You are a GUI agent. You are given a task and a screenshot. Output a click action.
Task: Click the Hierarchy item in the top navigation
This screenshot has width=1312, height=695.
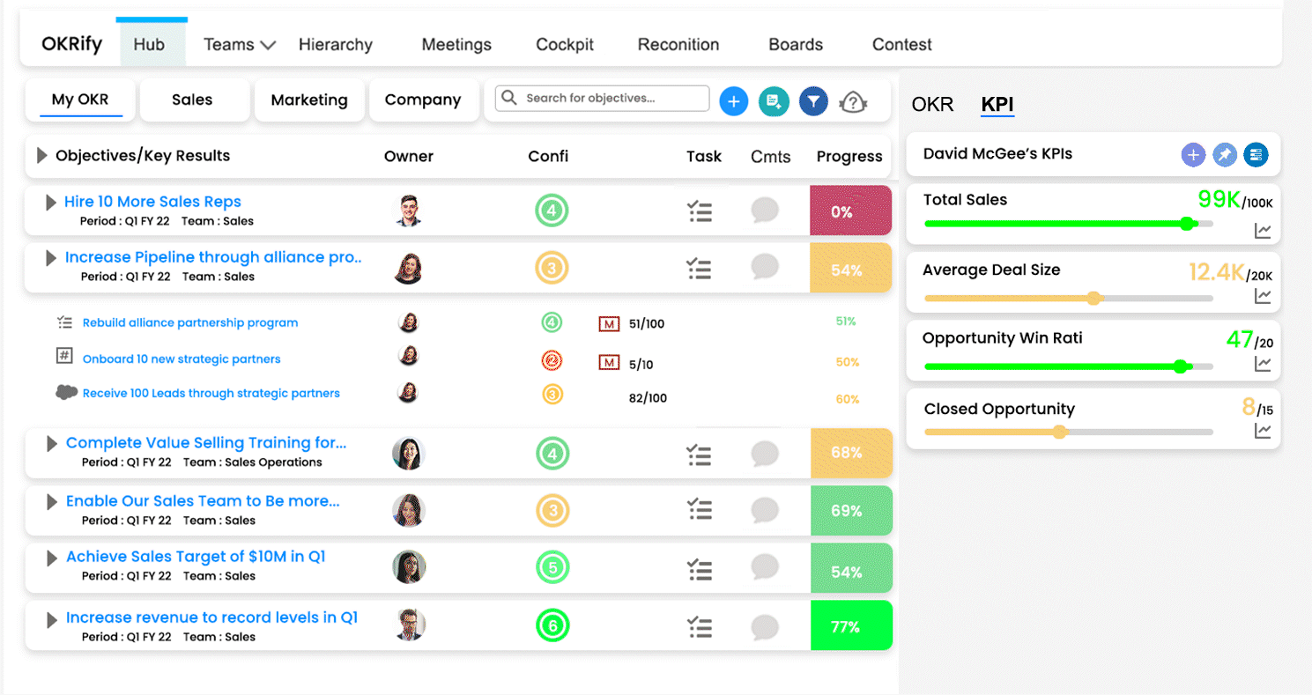[x=336, y=45]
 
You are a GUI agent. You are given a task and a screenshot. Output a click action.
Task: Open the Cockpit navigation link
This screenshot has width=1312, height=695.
[x=565, y=45]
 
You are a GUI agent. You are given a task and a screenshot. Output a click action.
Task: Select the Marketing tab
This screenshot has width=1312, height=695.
[x=309, y=100]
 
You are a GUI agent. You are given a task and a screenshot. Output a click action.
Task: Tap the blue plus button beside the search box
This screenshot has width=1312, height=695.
[x=733, y=101]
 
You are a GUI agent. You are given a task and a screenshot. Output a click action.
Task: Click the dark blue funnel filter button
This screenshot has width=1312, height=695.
[x=813, y=101]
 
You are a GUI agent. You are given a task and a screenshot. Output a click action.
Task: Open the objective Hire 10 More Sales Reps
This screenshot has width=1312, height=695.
[x=152, y=202]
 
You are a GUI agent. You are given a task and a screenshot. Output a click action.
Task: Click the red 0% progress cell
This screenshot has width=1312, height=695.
[x=850, y=211]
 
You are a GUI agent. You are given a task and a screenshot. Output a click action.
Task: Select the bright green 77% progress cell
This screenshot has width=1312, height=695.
[x=851, y=625]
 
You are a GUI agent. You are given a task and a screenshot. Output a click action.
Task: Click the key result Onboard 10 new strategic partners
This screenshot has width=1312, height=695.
[x=182, y=359]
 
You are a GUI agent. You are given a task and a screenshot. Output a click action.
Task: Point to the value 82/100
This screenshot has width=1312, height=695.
[x=648, y=398]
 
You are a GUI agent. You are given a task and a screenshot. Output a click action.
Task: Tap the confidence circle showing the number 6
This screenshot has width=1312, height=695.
[x=552, y=625]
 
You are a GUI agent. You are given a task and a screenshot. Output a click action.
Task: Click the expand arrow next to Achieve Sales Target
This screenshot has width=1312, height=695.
[x=51, y=558]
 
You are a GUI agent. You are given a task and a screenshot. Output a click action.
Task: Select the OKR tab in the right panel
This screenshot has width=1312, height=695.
[x=932, y=104]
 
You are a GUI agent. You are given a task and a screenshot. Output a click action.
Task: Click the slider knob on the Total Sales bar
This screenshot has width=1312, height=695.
[x=1187, y=224]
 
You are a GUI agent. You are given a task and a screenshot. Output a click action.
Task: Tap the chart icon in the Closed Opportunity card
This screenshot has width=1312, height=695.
[x=1263, y=431]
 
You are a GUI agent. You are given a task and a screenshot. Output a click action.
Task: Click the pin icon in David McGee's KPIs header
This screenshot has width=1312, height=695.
[x=1224, y=155]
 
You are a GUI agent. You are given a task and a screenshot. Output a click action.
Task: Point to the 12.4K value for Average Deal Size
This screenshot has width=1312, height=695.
[x=1216, y=271]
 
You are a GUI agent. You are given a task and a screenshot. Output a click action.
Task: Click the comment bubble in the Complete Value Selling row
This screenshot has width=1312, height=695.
[x=765, y=454]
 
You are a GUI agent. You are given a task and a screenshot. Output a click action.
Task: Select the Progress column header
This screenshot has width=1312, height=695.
[x=849, y=156]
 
